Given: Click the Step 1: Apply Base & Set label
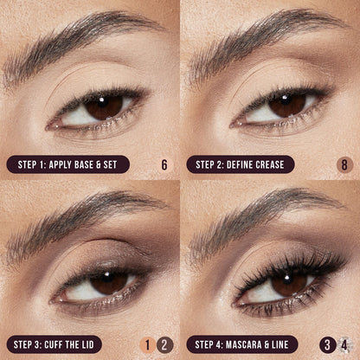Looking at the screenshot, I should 67,164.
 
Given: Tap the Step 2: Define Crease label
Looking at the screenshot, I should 240,164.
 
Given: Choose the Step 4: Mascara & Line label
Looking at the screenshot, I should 242,344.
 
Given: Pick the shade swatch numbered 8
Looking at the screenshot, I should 344,164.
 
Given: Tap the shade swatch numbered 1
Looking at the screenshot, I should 148,344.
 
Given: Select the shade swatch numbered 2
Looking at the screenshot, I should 166,344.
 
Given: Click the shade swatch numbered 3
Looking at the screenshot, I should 328,344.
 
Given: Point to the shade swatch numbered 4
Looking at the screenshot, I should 345,344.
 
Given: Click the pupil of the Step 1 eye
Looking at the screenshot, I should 102,106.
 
